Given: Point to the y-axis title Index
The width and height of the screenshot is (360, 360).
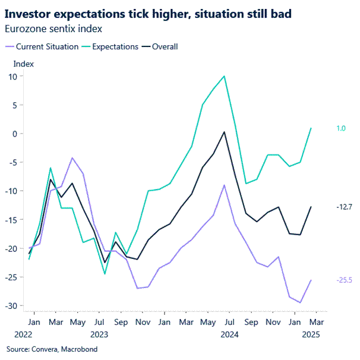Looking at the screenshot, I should (x=24, y=64).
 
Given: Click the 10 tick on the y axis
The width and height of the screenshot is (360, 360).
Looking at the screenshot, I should (x=12, y=76).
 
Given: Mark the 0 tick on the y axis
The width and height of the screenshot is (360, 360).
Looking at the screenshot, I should (x=14, y=134).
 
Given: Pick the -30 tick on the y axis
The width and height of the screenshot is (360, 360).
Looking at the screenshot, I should (x=10, y=305).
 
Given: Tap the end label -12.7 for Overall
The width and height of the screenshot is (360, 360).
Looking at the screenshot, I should (x=344, y=207).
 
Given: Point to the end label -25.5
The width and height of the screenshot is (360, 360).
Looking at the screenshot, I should (x=344, y=280).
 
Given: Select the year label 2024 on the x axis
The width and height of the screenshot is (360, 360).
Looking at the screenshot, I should (x=230, y=334).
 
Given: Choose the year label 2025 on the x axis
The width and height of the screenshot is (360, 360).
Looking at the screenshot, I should (x=309, y=334).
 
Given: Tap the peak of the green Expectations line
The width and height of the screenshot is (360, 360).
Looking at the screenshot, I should (x=224, y=76).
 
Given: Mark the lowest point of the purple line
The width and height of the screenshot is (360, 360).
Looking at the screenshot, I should (x=300, y=302).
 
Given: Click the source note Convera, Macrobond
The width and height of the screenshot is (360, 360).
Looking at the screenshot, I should (x=52, y=349).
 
